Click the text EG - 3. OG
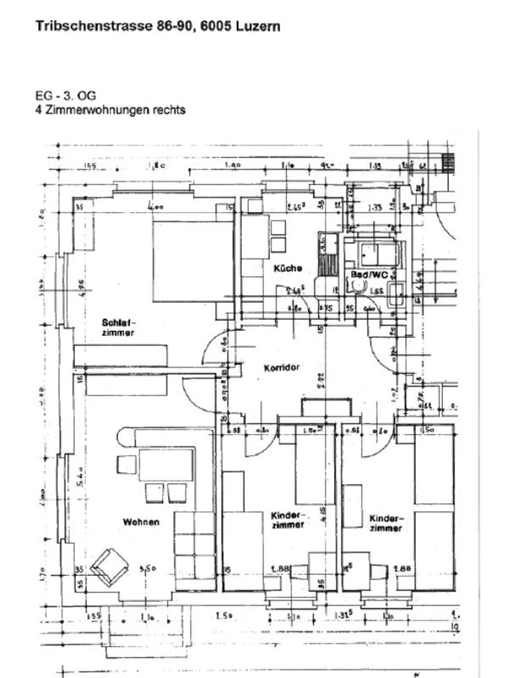pyautogui.click(x=66, y=96)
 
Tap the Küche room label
pyautogui.click(x=287, y=268)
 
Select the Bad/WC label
pyautogui.click(x=369, y=275)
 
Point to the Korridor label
pyautogui.click(x=281, y=367)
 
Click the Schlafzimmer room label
pyautogui.click(x=118, y=328)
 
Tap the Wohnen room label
pyautogui.click(x=141, y=522)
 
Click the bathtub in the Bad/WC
pyautogui.click(x=379, y=254)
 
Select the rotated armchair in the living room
pyautogui.click(x=110, y=567)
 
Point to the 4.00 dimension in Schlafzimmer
pyautogui.click(x=155, y=207)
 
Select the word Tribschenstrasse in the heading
pyautogui.click(x=94, y=26)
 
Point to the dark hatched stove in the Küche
pyautogui.click(x=328, y=265)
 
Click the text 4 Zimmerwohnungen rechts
pyautogui.click(x=110, y=110)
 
